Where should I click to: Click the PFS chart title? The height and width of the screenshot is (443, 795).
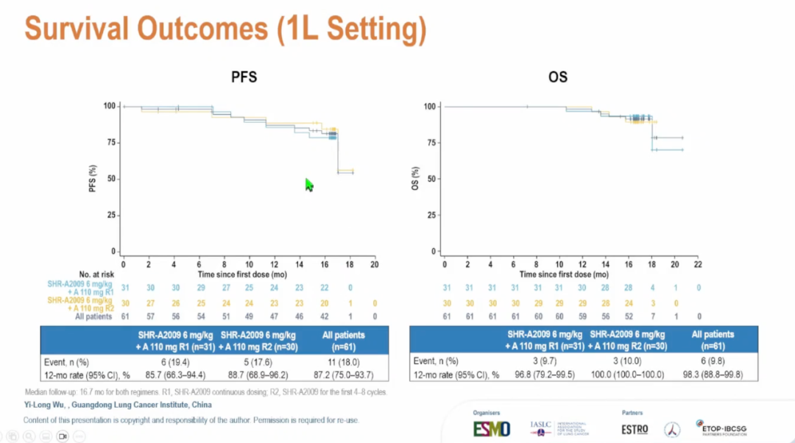click(x=244, y=77)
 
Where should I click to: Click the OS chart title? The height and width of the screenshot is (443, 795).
click(x=558, y=77)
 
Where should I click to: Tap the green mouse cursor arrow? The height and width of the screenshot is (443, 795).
click(x=309, y=185)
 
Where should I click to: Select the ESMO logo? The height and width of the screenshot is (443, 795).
click(x=491, y=428)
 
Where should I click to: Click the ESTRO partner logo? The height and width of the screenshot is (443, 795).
click(x=635, y=429)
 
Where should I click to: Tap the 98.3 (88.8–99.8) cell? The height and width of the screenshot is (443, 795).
click(x=713, y=375)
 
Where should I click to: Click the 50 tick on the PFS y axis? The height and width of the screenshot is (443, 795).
click(x=110, y=179)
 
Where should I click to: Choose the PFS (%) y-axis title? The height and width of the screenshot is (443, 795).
click(x=93, y=178)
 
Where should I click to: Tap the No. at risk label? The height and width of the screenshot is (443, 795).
click(x=96, y=274)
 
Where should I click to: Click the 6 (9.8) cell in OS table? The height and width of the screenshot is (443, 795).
click(x=713, y=361)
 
